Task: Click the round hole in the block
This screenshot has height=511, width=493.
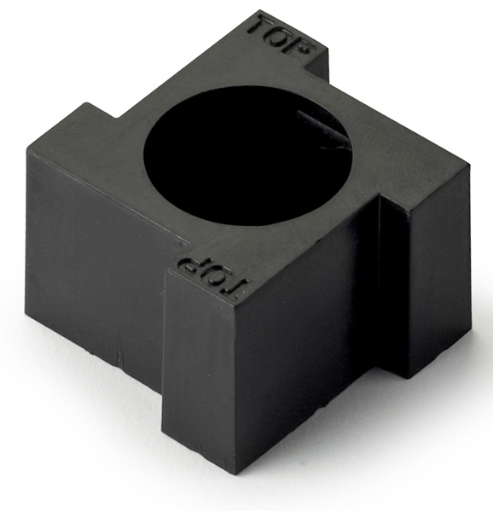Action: coord(247,156)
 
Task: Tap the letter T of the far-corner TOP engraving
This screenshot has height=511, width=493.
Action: coord(259,26)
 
